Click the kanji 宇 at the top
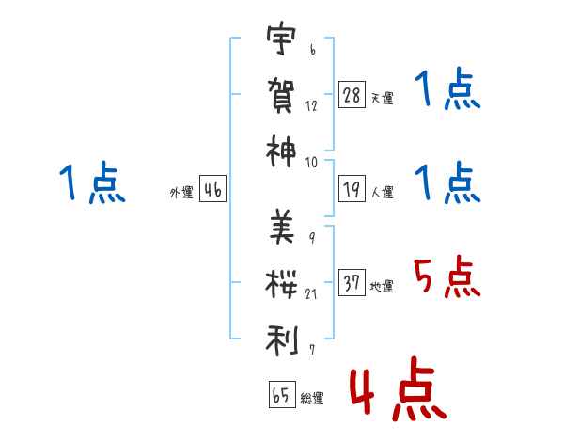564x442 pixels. click(x=281, y=39)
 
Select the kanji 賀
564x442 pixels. click(x=281, y=95)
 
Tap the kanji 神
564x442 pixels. click(x=281, y=151)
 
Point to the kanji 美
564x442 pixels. click(x=282, y=227)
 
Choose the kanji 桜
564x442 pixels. click(x=281, y=284)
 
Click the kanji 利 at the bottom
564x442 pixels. click(x=282, y=340)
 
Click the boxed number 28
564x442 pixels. click(x=352, y=94)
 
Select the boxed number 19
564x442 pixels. click(x=352, y=189)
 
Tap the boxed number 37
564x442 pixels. click(x=352, y=282)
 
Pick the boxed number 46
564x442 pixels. click(x=213, y=189)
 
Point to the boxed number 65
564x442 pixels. click(x=282, y=394)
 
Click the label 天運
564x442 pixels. click(x=383, y=98)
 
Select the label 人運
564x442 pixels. click(x=383, y=192)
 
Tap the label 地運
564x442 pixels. click(x=382, y=286)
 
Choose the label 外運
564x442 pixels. click(x=181, y=192)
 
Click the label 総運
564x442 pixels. click(x=312, y=398)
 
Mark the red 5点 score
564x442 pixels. click(x=446, y=276)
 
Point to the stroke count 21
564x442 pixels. click(x=311, y=294)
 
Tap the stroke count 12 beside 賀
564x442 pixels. click(x=311, y=106)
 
